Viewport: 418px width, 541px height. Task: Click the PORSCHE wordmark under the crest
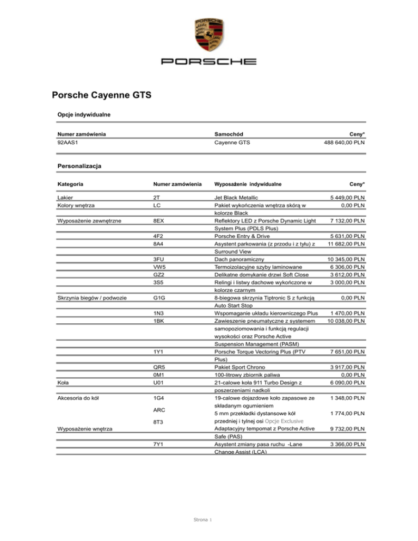(208, 61)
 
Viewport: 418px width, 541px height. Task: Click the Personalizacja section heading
(81, 164)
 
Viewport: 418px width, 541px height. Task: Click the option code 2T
(157, 198)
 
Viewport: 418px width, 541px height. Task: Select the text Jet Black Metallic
(236, 198)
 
